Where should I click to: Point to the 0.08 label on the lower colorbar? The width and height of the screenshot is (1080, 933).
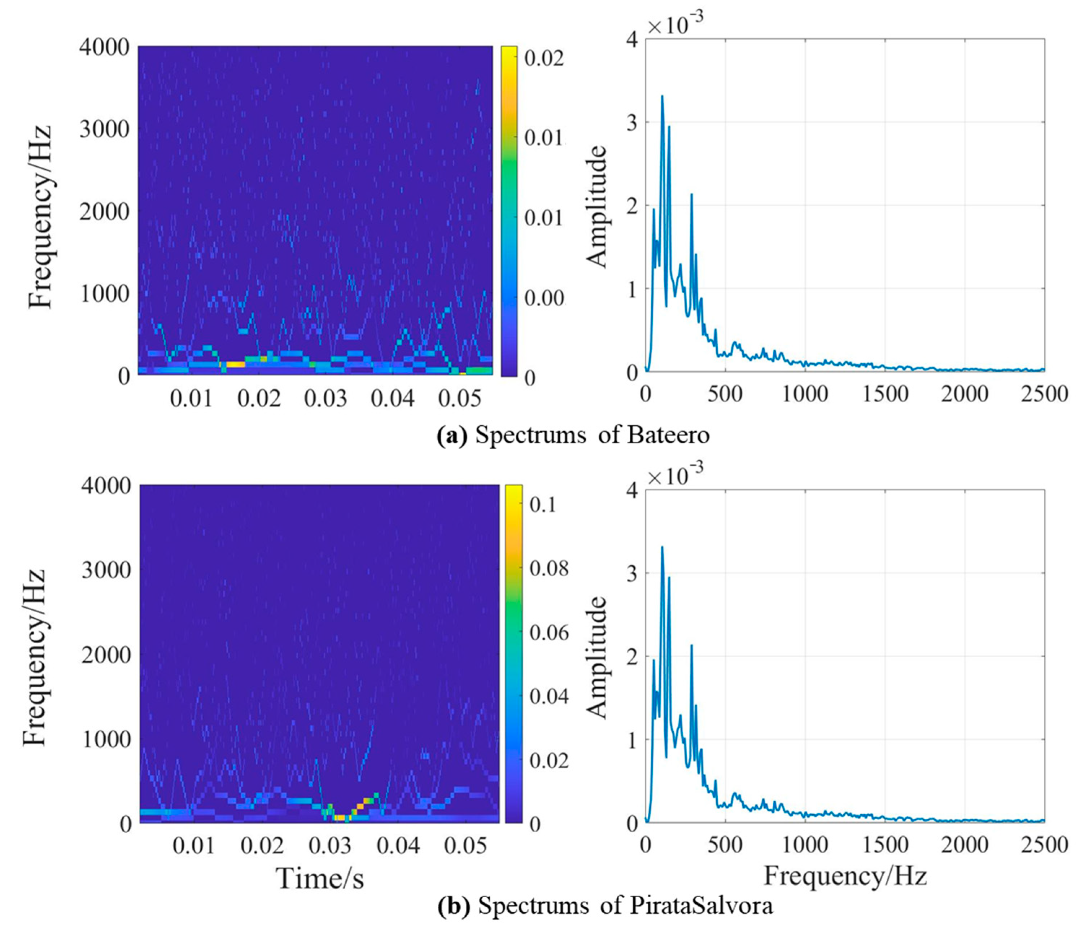pyautogui.click(x=549, y=569)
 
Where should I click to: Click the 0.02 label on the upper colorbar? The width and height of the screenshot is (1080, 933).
pyautogui.click(x=544, y=58)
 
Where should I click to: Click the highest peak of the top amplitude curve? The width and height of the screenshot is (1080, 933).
pyautogui.click(x=662, y=96)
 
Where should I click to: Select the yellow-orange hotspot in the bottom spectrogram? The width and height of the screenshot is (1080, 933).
pyautogui.click(x=341, y=817)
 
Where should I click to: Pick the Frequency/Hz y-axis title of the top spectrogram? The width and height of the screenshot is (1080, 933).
pyautogui.click(x=40, y=216)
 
